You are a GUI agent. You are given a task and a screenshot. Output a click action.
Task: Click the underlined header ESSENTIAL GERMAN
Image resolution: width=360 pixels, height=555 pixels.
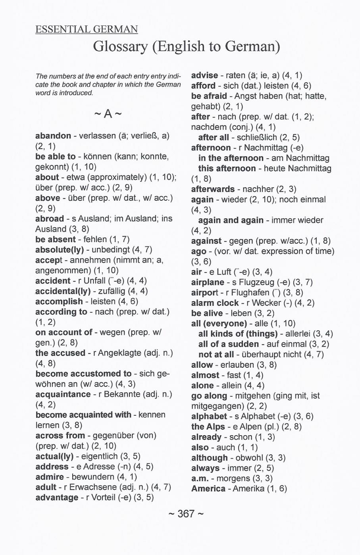point(87,29)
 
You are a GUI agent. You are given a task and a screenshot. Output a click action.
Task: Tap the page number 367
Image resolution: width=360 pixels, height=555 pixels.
point(186,514)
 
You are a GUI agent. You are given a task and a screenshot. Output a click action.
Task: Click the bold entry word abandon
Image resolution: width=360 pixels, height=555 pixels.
point(53,136)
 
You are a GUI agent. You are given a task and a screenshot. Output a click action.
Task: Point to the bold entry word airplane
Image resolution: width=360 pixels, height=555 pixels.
point(208,282)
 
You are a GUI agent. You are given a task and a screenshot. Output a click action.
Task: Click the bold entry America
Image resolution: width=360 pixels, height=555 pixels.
point(208,488)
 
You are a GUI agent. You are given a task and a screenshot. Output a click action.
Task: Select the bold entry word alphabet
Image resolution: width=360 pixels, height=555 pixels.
point(209,416)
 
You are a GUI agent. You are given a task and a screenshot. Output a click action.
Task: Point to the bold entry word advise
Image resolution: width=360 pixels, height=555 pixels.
point(204,75)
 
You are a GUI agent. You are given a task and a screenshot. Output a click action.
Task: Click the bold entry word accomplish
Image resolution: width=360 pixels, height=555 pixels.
point(59,302)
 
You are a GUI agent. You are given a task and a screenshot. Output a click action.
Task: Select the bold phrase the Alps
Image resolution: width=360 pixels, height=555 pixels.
point(208,426)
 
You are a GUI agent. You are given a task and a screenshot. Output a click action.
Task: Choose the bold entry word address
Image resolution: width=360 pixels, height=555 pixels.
point(52,467)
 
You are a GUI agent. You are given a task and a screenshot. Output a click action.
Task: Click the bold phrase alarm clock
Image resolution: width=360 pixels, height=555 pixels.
point(215,303)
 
